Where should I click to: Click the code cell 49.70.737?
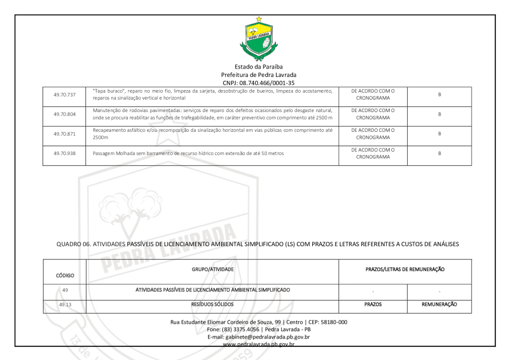pyautogui.click(x=64, y=95)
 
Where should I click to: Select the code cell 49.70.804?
pyautogui.click(x=64, y=114)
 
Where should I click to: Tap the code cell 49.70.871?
pyautogui.click(x=64, y=134)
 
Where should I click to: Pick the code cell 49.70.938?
pyautogui.click(x=64, y=153)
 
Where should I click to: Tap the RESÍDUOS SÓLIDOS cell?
pyautogui.click(x=213, y=304)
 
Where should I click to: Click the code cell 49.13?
pyautogui.click(x=64, y=304)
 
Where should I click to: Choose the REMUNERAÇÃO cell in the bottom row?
pyautogui.click(x=439, y=304)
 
